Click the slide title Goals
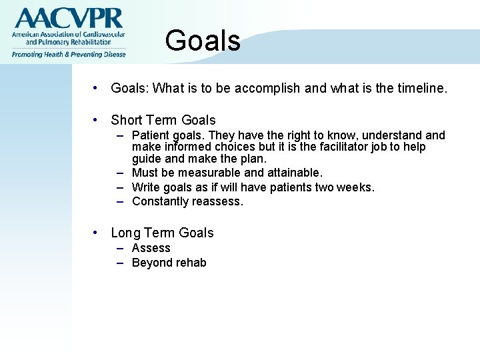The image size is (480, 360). pyautogui.click(x=202, y=41)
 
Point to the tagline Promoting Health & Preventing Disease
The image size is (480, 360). pyautogui.click(x=68, y=55)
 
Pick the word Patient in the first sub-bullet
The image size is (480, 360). pyautogui.click(x=150, y=136)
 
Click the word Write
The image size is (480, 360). pyautogui.click(x=145, y=187)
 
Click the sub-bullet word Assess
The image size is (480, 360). pyautogui.click(x=151, y=248)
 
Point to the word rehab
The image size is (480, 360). pyautogui.click(x=191, y=263)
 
